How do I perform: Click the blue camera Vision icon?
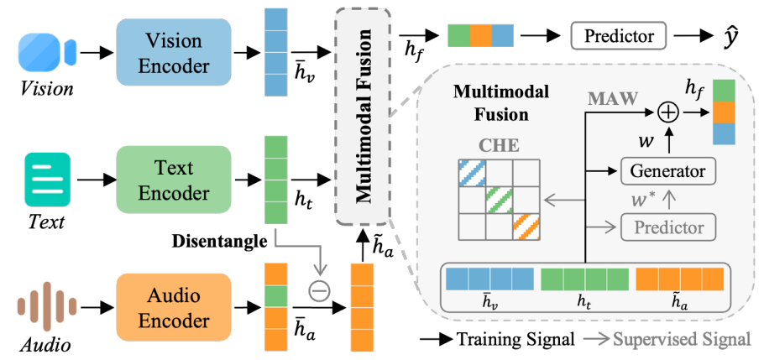click(47, 52)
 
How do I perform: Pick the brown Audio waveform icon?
click(47, 303)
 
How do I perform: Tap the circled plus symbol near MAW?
click(667, 112)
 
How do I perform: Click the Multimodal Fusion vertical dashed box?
click(364, 115)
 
